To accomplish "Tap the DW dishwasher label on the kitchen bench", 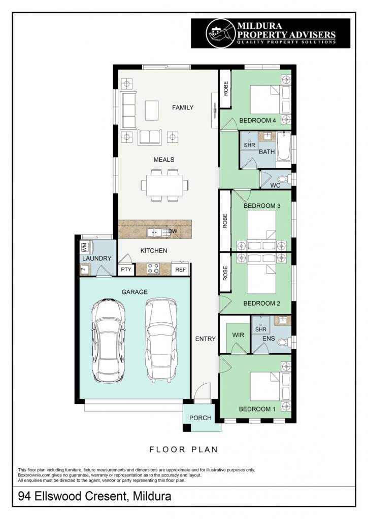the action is pyautogui.click(x=173, y=231).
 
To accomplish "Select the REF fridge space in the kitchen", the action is pyautogui.click(x=180, y=270).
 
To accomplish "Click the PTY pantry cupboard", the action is pyautogui.click(x=126, y=270).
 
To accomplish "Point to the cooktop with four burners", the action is pyautogui.click(x=153, y=268).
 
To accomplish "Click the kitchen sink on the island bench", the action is pyautogui.click(x=154, y=232).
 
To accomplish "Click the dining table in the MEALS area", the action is pyautogui.click(x=165, y=186).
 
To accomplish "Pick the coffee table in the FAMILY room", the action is pyautogui.click(x=151, y=110).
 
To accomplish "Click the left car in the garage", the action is pyautogui.click(x=108, y=341).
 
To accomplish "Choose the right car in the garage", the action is pyautogui.click(x=161, y=341).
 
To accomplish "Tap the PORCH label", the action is pyautogui.click(x=200, y=418).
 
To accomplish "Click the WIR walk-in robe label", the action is pyautogui.click(x=238, y=335).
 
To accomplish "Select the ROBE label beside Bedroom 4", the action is pyautogui.click(x=226, y=89).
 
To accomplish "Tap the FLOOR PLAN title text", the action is pyautogui.click(x=183, y=450).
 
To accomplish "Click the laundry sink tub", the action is pyautogui.click(x=85, y=270).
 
